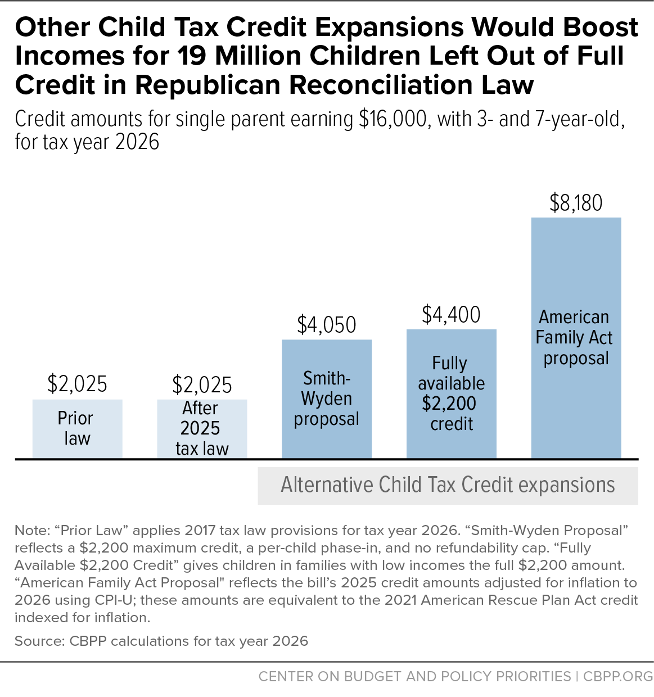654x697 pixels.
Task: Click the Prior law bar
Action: [x=77, y=428]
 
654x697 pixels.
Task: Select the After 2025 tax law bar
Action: [x=202, y=428]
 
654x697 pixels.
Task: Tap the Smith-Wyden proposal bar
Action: [x=327, y=399]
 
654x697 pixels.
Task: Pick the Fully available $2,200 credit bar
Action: [x=452, y=393]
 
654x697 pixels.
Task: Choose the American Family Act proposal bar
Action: [x=576, y=338]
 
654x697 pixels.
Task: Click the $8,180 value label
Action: [x=576, y=202]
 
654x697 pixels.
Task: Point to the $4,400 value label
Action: [x=452, y=314]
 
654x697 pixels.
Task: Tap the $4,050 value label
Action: [x=327, y=325]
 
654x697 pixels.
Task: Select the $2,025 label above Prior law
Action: [x=77, y=383]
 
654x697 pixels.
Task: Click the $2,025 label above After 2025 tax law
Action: [x=202, y=384]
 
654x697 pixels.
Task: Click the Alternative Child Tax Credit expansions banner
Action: [x=448, y=486]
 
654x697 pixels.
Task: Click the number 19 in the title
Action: [x=191, y=56]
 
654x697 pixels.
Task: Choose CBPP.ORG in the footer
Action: [x=618, y=676]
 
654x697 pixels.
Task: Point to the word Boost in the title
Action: [x=601, y=27]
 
